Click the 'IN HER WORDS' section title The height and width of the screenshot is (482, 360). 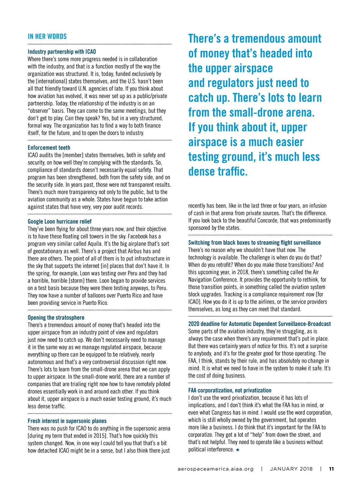pos(47,37)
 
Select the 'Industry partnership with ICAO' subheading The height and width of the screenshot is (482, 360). pos(62,52)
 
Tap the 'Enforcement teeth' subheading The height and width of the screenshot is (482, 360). pos(49,148)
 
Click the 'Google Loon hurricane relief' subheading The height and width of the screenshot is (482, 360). pos(59,221)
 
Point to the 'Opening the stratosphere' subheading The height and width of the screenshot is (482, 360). pos(56,318)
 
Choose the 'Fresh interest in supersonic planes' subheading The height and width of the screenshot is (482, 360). pos(67,421)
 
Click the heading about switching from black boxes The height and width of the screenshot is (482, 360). pos(254,243)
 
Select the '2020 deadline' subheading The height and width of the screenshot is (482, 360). pos(259,324)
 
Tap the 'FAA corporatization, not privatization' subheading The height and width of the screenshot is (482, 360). pos(230,390)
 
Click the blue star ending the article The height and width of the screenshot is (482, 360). pos(238,450)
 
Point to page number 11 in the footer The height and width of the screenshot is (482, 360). pos(331,469)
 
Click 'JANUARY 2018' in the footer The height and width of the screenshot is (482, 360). pos(291,469)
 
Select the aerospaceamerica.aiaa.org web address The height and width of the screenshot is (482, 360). pos(215,469)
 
